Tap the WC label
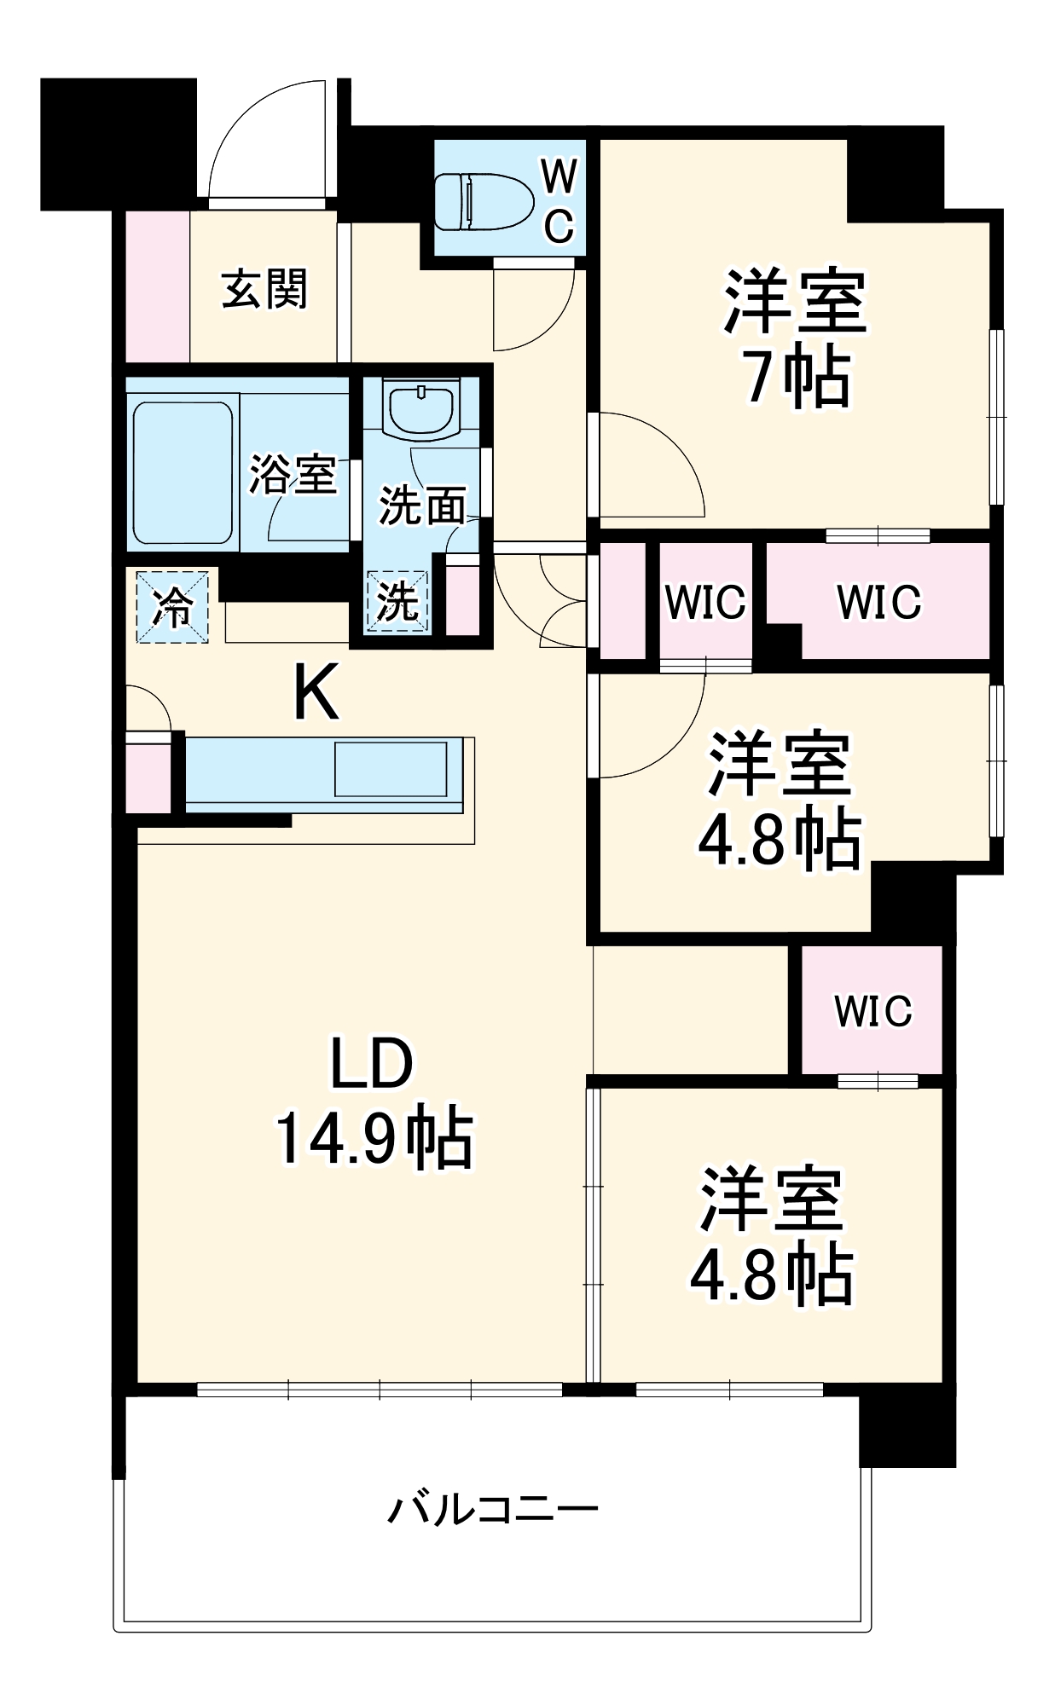[559, 203]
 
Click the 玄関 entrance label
[264, 289]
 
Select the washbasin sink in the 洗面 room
[423, 407]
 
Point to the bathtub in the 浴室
[183, 472]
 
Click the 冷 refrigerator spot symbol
[172, 607]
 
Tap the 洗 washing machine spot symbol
[397, 602]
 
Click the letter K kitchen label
[316, 692]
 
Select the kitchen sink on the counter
[391, 769]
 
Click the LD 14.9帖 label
[373, 1101]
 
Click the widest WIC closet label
[878, 602]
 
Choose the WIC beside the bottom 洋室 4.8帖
[872, 1011]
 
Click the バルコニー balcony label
[493, 1509]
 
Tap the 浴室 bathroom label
[293, 474]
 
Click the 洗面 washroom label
[422, 506]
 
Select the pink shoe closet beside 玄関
[158, 286]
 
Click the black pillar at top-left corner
[118, 143]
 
